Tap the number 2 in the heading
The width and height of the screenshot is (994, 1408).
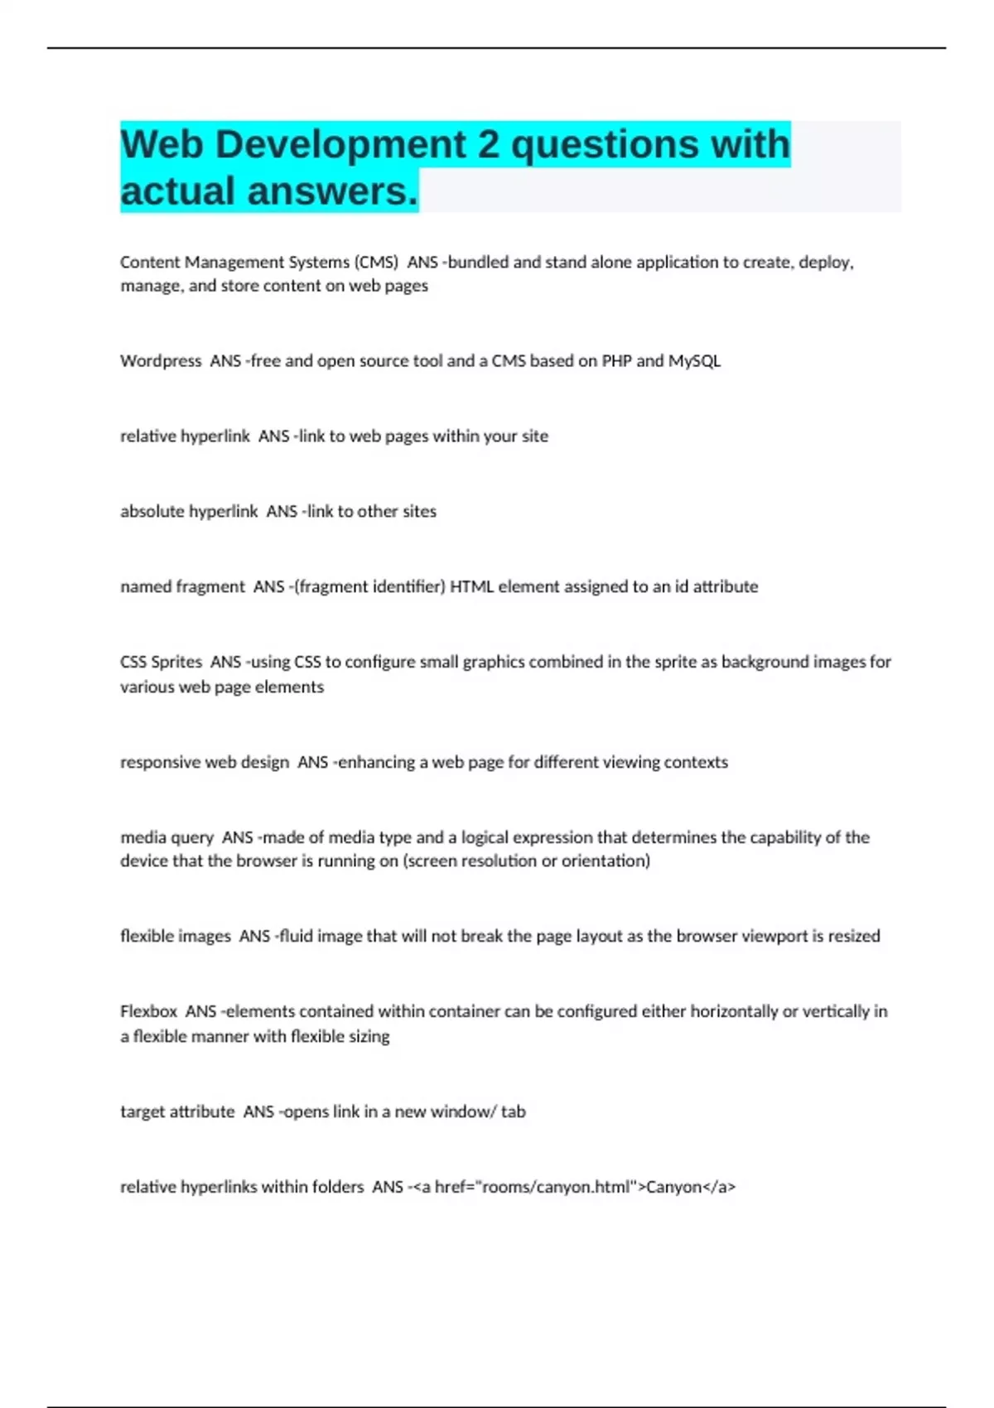(489, 144)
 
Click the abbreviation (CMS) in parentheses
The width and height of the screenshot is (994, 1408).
(376, 263)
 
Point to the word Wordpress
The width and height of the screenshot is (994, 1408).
(161, 361)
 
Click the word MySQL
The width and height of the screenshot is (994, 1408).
(694, 361)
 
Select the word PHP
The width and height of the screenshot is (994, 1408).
(617, 361)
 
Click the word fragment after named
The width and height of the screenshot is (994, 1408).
(210, 587)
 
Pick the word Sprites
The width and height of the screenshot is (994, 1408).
(176, 663)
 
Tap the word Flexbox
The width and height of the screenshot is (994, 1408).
(148, 1012)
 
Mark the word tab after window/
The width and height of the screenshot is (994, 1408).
(514, 1112)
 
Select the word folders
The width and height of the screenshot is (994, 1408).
(336, 1188)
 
